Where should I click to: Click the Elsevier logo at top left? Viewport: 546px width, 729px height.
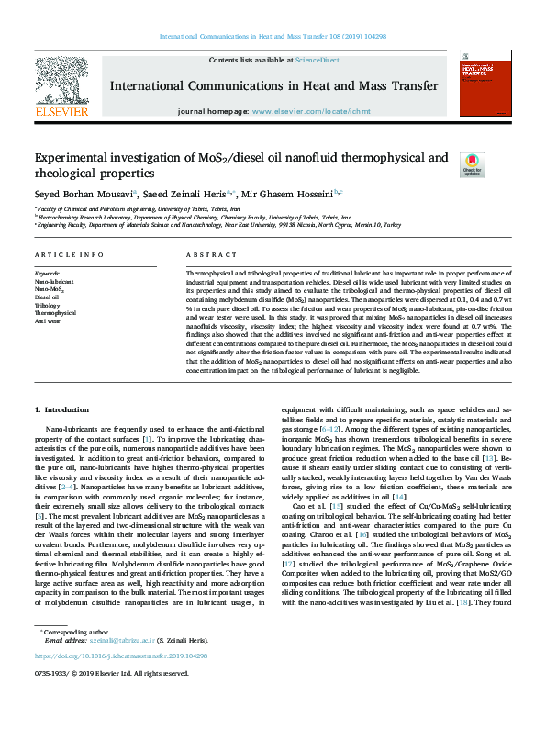[62, 88]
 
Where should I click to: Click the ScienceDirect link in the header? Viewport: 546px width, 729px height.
[317, 60]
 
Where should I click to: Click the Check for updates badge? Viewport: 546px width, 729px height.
[473, 164]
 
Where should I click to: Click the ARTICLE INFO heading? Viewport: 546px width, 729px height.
[69, 254]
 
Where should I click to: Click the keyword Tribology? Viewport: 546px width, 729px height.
[49, 305]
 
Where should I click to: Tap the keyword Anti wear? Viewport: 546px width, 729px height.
[49, 321]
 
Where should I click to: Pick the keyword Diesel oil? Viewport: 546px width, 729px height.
[47, 297]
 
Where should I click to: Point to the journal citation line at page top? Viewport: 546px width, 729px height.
[273, 36]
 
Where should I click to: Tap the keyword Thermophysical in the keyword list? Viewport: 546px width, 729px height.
[56, 313]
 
